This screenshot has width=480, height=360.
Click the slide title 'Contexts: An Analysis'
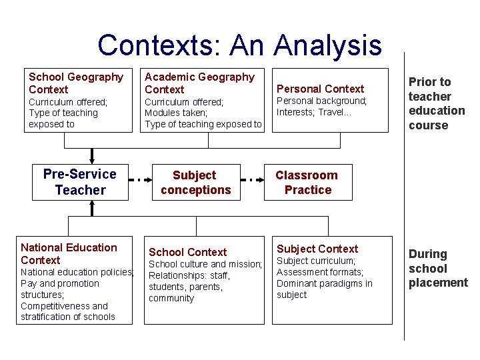[239, 45]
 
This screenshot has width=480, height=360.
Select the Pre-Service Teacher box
[79, 182]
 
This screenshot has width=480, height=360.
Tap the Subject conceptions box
[195, 183]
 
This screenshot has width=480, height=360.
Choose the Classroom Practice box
[307, 183]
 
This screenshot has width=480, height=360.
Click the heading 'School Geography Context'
[76, 83]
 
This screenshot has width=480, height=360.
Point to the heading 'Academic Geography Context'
[199, 83]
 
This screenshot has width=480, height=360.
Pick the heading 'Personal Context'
[320, 89]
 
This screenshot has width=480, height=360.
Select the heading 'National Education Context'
[69, 254]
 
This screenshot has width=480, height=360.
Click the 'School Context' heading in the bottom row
[187, 252]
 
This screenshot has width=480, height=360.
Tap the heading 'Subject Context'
[317, 249]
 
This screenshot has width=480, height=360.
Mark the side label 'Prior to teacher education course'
[437, 103]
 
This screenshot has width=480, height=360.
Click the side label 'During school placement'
[438, 268]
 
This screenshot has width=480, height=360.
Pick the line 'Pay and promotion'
[60, 283]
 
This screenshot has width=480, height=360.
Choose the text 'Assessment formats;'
[320, 272]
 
